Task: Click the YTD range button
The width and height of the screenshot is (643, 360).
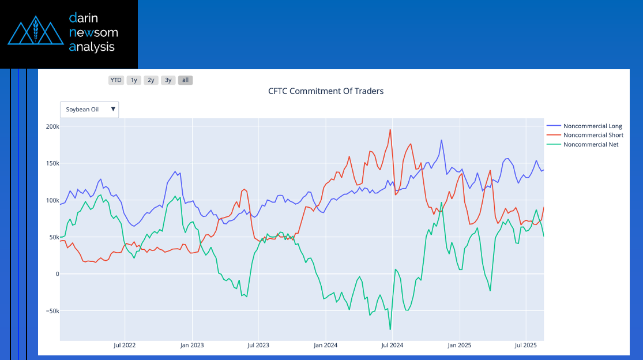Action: [116, 80]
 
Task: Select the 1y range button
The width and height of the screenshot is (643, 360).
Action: [134, 80]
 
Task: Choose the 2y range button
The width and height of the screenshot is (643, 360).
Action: [151, 80]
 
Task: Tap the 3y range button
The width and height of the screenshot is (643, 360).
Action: [168, 80]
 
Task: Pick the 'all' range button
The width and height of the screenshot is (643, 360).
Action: [186, 80]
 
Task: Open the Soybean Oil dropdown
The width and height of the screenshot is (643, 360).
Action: [89, 109]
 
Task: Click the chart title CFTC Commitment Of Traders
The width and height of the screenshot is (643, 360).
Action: [326, 91]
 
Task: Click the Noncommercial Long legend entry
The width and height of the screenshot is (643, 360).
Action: [592, 126]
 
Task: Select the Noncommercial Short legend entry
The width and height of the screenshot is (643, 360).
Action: [593, 135]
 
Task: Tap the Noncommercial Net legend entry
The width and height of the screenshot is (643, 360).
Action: [591, 144]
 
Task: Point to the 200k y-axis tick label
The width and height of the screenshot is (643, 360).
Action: [52, 126]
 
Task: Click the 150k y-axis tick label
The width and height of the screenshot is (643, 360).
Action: [52, 163]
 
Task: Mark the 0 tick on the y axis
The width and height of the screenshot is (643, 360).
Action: [57, 274]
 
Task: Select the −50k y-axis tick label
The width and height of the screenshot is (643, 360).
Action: [51, 311]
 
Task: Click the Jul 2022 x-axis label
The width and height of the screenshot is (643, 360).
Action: [125, 346]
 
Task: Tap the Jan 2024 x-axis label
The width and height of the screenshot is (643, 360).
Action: [326, 346]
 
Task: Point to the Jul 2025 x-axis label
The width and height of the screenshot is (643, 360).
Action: [526, 346]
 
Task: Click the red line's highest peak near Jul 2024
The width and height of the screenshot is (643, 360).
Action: [390, 129]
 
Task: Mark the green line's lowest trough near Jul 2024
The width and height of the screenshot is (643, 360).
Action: [390, 329]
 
